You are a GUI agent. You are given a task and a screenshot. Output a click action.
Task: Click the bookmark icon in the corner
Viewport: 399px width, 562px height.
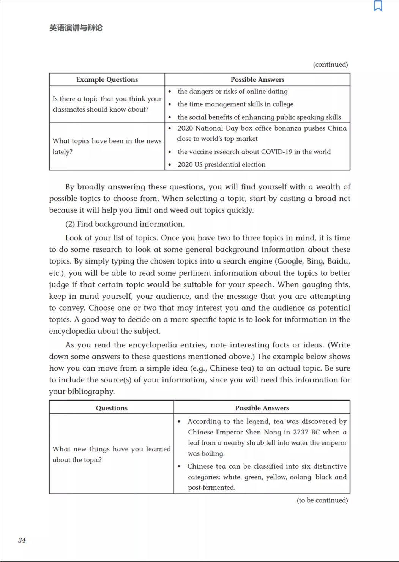click(x=378, y=6)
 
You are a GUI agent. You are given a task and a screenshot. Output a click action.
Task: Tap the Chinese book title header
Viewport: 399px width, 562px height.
click(x=76, y=28)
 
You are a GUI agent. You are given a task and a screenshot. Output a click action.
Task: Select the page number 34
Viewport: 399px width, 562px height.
click(x=22, y=540)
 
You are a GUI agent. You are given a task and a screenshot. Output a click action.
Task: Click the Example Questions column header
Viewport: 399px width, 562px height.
click(x=107, y=79)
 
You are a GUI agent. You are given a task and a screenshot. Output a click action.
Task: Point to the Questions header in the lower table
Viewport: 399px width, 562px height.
click(x=112, y=408)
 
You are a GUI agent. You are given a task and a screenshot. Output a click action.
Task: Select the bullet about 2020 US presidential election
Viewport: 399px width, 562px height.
click(x=221, y=164)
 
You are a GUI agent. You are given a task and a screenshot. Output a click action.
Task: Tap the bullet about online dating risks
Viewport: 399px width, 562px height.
click(x=232, y=92)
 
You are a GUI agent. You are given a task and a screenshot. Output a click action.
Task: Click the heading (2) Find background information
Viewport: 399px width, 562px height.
click(x=125, y=224)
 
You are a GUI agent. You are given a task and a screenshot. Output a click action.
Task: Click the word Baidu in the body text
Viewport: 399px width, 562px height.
click(x=338, y=261)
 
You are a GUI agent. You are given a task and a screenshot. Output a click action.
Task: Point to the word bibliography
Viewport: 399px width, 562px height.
click(x=91, y=392)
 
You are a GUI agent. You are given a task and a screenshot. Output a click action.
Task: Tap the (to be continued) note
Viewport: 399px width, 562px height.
click(x=322, y=500)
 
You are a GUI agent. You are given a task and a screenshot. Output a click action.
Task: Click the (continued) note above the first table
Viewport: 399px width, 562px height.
click(x=330, y=65)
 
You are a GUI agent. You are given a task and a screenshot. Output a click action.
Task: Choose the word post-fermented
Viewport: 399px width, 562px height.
click(x=211, y=488)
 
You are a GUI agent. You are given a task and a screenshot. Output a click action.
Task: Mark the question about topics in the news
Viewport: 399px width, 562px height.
click(x=107, y=146)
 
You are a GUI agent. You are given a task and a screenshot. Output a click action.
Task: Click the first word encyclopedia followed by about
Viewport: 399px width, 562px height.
click(x=72, y=331)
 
